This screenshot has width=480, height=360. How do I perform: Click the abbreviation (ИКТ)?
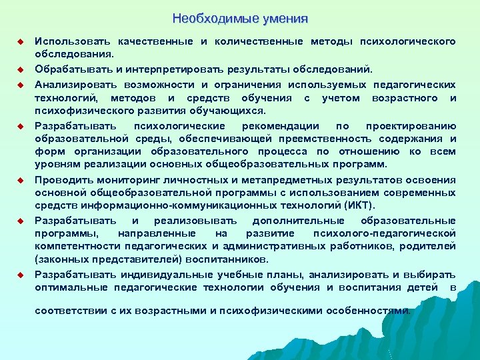point(357,205)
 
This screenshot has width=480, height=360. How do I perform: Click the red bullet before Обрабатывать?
point(20,69)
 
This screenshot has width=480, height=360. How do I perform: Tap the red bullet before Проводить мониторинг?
point(20,181)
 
